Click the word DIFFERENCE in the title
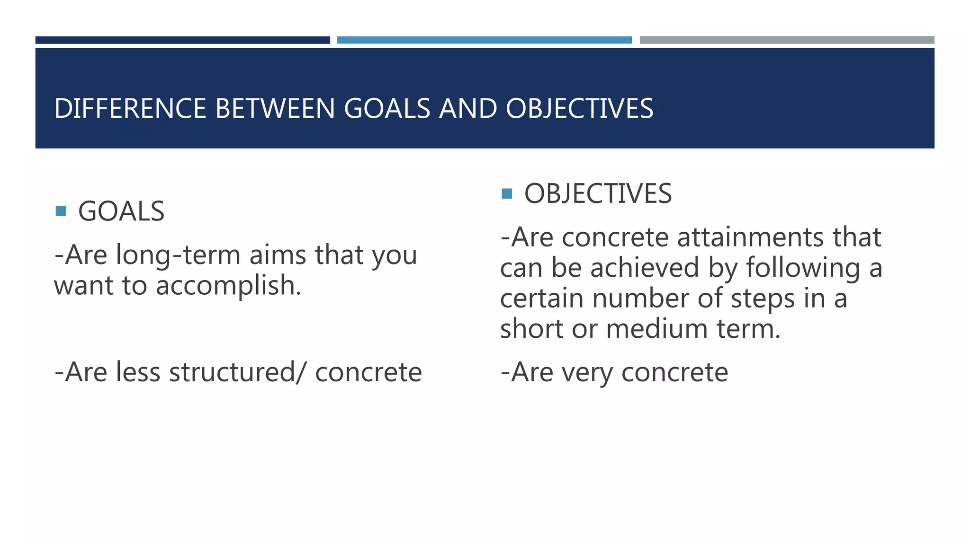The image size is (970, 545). click(131, 109)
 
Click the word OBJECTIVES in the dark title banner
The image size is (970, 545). click(579, 109)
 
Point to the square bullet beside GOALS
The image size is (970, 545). click(61, 211)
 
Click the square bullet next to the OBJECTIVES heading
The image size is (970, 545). click(507, 193)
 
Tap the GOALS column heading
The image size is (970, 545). click(121, 211)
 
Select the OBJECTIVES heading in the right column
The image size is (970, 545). click(598, 193)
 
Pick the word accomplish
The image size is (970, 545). click(228, 286)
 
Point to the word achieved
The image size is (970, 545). click(645, 268)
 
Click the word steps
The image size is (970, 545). click(762, 299)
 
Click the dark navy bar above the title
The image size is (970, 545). click(182, 40)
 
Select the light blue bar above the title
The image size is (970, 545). click(484, 40)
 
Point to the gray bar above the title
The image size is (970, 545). click(787, 40)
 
